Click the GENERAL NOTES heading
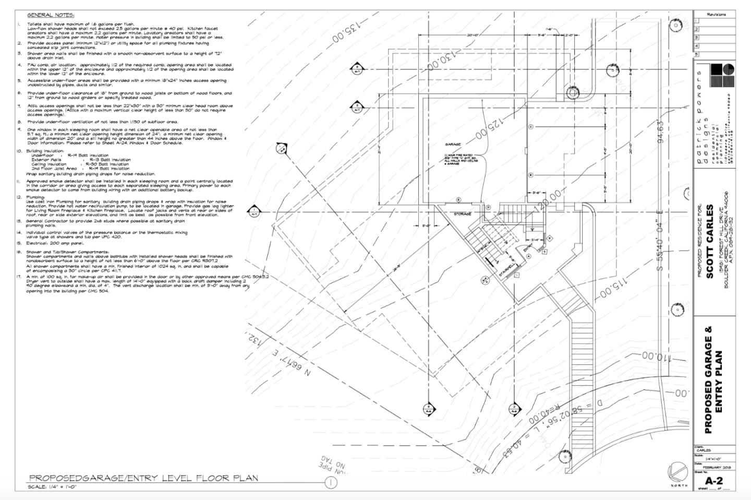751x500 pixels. [51, 15]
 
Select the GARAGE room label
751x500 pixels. [453, 144]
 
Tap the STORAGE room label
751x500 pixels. [462, 214]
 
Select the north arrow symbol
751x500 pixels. [676, 473]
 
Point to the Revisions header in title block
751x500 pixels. [716, 15]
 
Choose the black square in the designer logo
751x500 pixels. [716, 69]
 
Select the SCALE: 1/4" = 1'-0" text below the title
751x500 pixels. [53, 487]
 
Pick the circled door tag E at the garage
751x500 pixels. [458, 199]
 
